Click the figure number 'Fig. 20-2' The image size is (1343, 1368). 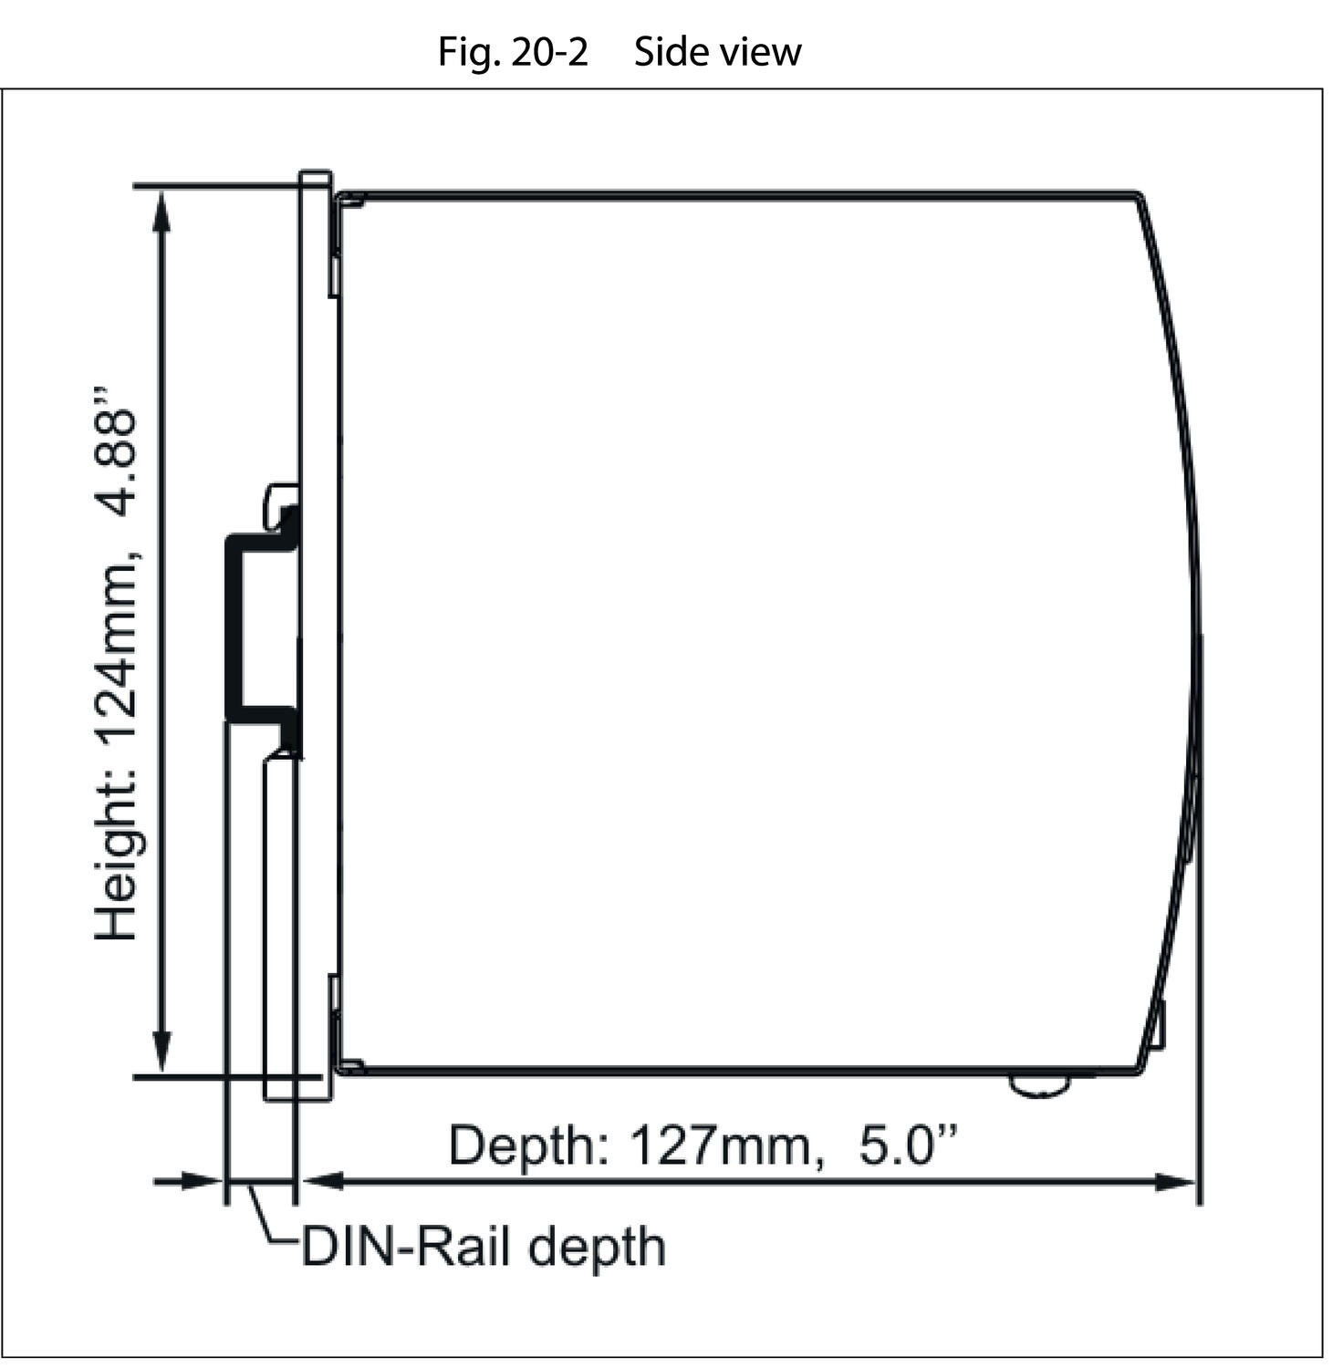click(513, 52)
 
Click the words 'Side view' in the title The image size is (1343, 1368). click(718, 52)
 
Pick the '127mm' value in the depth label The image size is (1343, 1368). click(720, 1145)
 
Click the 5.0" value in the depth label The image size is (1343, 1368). click(908, 1145)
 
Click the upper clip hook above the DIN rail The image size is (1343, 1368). click(281, 503)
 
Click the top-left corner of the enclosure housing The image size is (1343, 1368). click(337, 194)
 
